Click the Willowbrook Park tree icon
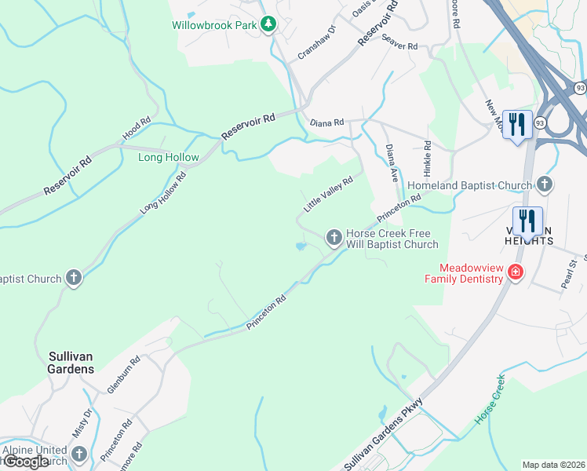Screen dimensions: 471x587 268,24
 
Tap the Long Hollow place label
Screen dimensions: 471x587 169,157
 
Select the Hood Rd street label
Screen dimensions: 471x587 136,130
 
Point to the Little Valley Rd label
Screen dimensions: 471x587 328,194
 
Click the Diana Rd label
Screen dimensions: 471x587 327,123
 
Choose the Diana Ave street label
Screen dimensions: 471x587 393,163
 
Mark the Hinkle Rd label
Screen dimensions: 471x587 428,158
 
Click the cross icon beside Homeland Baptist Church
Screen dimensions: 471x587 545,185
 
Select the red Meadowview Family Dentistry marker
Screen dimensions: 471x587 515,272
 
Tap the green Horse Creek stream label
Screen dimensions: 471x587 490,400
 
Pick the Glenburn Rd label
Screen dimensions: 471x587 123,374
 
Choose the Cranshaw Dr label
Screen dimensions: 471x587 316,42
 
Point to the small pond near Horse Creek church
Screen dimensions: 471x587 300,247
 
